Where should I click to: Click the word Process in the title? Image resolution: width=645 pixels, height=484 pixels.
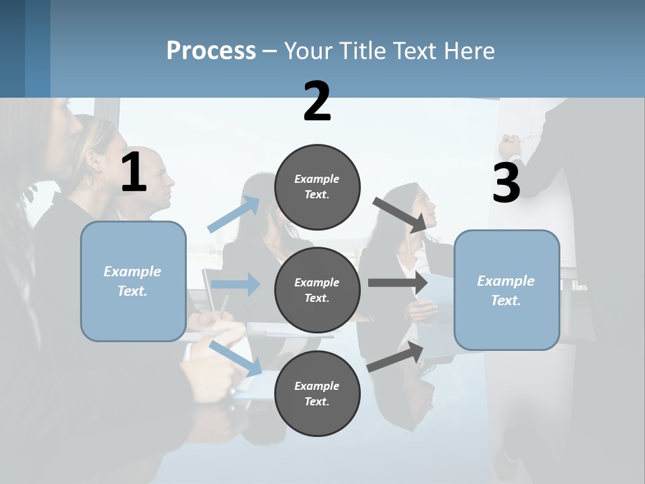pos(211,50)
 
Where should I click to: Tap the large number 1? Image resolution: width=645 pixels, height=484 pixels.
pos(134,173)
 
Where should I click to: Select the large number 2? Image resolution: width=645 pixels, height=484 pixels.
pos(317,102)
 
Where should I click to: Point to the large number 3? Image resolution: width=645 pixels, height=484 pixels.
pos(506,183)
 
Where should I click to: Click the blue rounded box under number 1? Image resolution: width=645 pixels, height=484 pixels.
pos(133,281)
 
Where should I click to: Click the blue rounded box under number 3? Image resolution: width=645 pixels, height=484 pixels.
pos(507,290)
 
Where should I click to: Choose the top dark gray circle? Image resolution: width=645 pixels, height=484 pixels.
pos(317,187)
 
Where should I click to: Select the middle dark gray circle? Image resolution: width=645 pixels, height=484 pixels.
pos(317,290)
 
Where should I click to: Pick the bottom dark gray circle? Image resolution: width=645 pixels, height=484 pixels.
pos(317,393)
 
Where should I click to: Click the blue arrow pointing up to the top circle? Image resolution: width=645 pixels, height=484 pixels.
pos(234,214)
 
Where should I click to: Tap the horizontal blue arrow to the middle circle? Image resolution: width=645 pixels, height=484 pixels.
pos(235,284)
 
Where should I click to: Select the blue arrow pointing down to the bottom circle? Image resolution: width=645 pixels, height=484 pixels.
pos(235,358)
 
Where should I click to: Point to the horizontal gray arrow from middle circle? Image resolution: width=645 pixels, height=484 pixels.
pos(398,282)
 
